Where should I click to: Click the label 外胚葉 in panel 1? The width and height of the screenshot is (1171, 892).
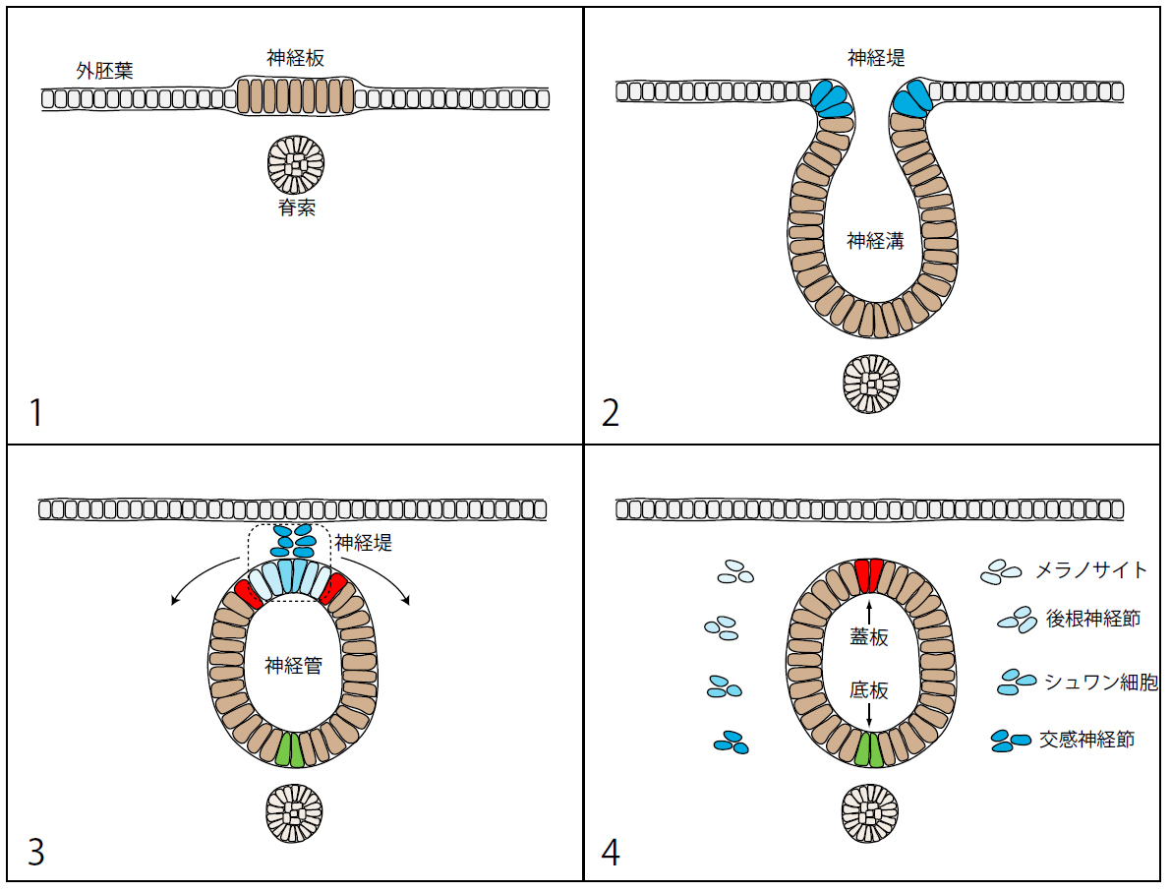click(105, 71)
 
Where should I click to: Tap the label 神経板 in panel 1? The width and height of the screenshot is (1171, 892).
click(295, 58)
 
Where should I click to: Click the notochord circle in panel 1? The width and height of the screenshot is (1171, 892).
click(296, 164)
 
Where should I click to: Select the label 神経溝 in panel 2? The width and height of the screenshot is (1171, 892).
click(875, 240)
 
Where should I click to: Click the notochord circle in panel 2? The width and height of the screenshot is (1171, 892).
click(872, 384)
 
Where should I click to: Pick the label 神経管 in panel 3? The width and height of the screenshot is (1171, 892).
click(294, 665)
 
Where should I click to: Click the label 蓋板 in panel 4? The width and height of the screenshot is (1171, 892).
click(869, 637)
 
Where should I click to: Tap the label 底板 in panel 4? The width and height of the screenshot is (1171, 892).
click(869, 690)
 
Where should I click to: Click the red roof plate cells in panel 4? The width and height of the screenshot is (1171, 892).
click(869, 575)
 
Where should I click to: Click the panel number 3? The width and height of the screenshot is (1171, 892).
click(36, 852)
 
